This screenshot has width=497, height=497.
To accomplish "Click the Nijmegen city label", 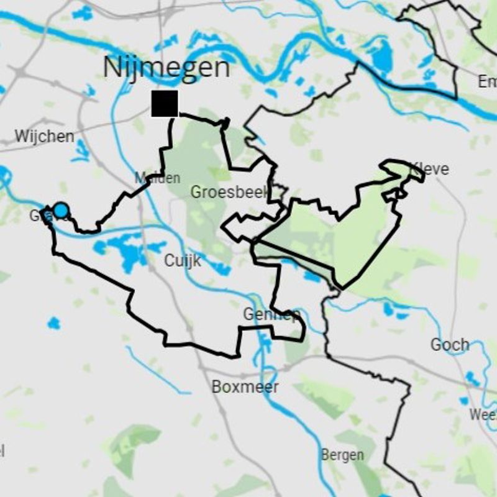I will (x=166, y=67).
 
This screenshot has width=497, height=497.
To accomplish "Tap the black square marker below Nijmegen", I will (x=165, y=103).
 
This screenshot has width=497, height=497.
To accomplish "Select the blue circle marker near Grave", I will (x=60, y=210).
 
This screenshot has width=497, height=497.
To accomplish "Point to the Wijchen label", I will (x=44, y=136).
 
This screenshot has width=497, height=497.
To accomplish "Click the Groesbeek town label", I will (x=230, y=192).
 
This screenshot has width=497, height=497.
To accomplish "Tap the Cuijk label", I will (x=183, y=261).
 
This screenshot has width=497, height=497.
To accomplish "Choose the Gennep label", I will (x=271, y=314).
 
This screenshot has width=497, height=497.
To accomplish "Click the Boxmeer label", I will (x=245, y=386).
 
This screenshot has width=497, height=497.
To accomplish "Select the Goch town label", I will (x=450, y=344).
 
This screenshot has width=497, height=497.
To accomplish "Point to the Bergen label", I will (x=342, y=455).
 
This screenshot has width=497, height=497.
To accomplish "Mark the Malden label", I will (x=158, y=178).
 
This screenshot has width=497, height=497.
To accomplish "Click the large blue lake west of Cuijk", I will (x=127, y=252).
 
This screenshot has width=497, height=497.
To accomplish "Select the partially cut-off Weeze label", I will (x=483, y=414).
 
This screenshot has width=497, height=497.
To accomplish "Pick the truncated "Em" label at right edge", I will (x=487, y=81).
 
